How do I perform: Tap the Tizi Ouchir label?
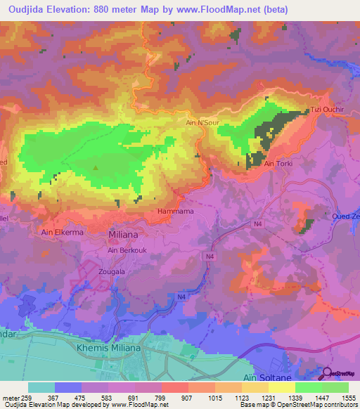click(x=326, y=110)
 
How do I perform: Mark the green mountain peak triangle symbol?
click(x=97, y=167)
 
